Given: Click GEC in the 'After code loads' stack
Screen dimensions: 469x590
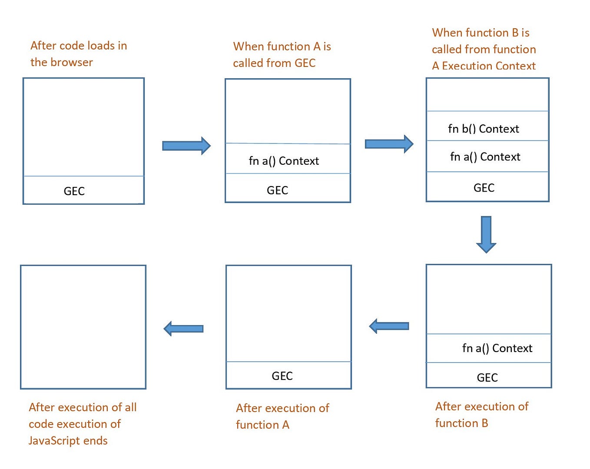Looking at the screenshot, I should click(x=74, y=191).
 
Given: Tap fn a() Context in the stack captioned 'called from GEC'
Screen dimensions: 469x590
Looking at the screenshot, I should click(x=284, y=161).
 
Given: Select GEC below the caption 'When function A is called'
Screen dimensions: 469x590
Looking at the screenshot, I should click(x=277, y=190).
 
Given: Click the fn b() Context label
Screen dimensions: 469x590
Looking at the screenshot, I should click(x=484, y=129).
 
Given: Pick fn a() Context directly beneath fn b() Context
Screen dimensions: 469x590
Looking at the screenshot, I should click(x=485, y=156).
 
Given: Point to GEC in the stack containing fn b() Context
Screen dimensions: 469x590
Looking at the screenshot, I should click(x=484, y=188).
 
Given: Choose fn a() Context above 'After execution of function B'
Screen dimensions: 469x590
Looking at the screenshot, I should click(x=497, y=348).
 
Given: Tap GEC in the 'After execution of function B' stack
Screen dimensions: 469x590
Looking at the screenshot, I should click(x=487, y=377).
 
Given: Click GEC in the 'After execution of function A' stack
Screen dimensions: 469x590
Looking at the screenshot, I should click(x=282, y=376).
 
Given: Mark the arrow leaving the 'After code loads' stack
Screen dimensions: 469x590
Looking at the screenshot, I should click(x=186, y=146).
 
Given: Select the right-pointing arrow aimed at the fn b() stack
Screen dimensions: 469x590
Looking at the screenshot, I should click(x=389, y=144).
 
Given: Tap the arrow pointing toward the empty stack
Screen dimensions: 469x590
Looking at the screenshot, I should click(x=183, y=329).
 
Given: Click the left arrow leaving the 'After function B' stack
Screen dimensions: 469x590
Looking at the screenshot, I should click(x=389, y=326).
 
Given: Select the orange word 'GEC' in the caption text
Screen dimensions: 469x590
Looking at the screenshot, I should click(x=305, y=63).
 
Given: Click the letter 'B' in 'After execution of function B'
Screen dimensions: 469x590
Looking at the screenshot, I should click(x=484, y=423).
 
